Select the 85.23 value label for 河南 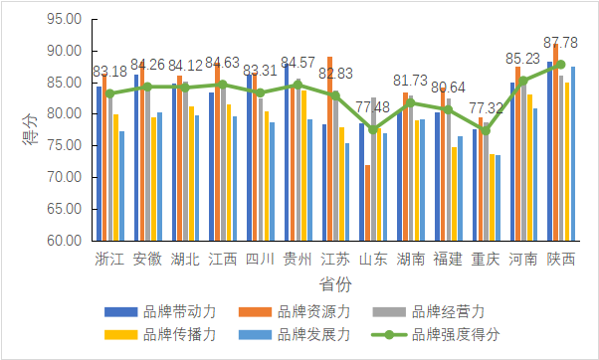524,58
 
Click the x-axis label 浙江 109,260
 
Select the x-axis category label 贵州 298,260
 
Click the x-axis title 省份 335,285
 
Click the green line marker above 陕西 561,65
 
